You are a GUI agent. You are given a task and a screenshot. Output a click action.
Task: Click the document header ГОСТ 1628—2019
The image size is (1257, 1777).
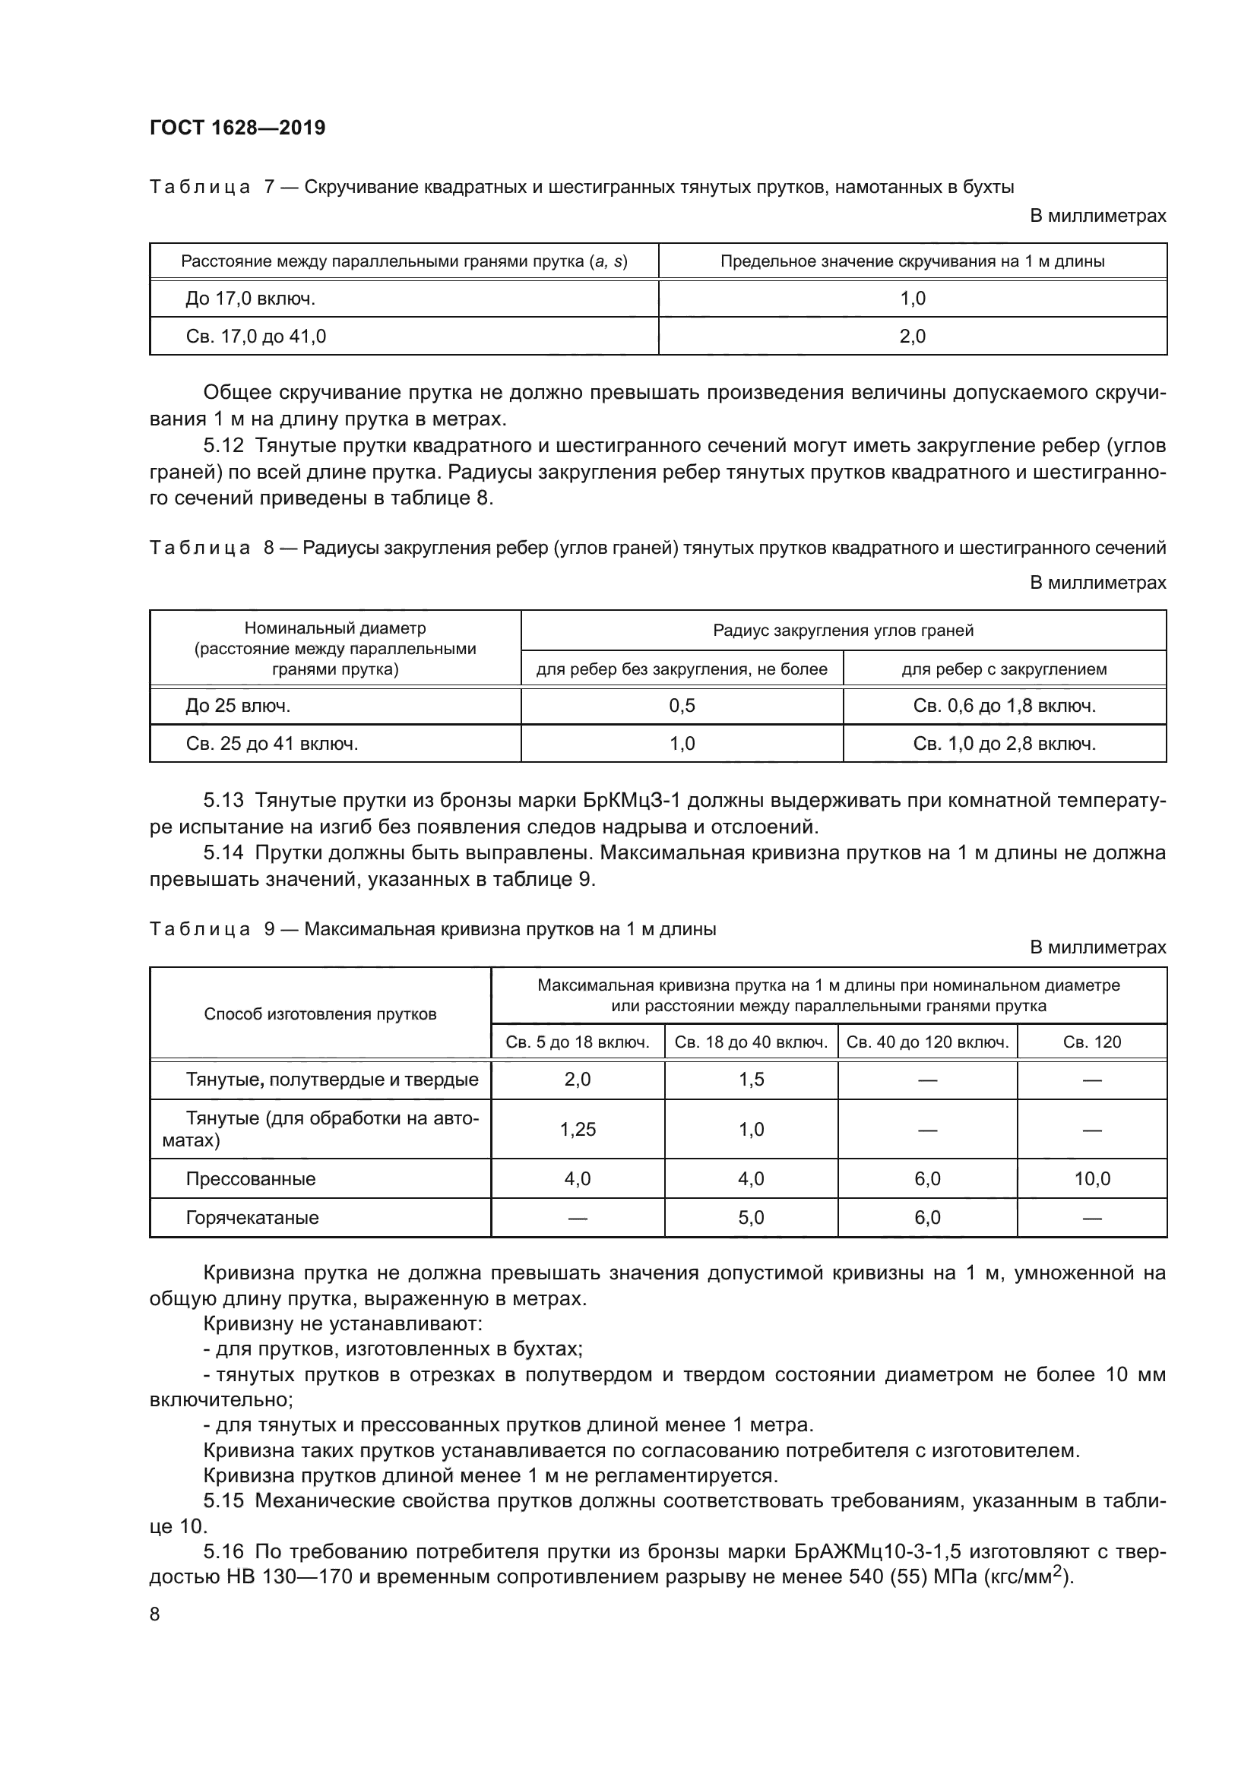[x=238, y=128]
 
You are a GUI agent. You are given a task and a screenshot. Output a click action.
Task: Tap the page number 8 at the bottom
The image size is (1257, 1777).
[x=155, y=1614]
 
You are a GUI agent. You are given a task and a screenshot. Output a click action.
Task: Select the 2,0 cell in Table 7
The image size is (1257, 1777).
[x=913, y=336]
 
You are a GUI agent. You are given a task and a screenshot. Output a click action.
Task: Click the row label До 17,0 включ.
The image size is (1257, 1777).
[x=250, y=299]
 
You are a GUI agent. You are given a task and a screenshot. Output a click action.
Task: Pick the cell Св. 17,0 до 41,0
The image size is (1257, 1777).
[x=255, y=336]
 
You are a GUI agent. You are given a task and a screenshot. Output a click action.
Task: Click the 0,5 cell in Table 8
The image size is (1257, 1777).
[x=682, y=705]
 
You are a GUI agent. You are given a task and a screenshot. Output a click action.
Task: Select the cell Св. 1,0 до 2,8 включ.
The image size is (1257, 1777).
[x=1004, y=744]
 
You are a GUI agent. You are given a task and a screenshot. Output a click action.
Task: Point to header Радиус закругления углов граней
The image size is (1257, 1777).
[x=843, y=630]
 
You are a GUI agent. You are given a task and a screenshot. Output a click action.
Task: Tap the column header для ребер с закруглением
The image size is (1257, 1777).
[x=1004, y=669]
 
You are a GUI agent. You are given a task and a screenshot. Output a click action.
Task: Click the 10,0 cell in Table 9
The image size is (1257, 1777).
[x=1091, y=1179]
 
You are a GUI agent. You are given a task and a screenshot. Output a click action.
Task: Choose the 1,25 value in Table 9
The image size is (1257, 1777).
[x=578, y=1129]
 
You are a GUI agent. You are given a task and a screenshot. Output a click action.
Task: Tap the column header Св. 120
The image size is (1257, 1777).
[x=1091, y=1042]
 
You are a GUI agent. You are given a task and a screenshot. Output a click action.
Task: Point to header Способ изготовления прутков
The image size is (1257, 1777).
[x=320, y=1014]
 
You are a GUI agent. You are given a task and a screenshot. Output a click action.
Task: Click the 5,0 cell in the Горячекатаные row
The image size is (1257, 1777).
[x=751, y=1217]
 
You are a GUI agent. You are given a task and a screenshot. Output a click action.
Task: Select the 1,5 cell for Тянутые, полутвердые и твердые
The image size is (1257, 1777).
[x=751, y=1080]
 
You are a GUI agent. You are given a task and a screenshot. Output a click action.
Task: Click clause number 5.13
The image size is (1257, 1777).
[x=223, y=800]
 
